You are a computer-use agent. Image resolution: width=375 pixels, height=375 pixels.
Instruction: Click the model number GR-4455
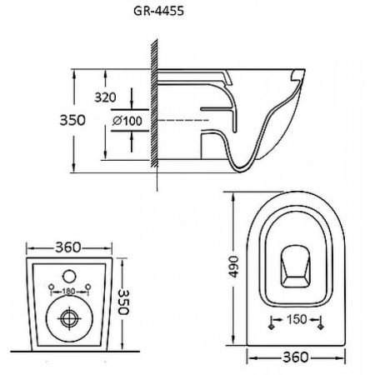coord(158,11)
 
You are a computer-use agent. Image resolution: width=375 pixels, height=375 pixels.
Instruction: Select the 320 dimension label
coord(105,97)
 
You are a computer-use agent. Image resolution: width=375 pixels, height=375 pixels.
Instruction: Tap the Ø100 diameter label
coord(127,121)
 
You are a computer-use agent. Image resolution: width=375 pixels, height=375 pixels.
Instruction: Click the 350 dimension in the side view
coord(72,120)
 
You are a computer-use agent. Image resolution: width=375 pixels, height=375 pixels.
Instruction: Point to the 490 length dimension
coord(234,267)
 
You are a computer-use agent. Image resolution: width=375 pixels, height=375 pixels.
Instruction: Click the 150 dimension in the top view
coord(297,319)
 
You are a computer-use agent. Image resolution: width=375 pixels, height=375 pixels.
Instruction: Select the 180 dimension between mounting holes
coord(68,292)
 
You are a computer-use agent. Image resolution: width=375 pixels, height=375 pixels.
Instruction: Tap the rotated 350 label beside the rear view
coord(123,302)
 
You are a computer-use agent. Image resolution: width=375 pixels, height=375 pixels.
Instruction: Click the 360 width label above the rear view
coord(68,247)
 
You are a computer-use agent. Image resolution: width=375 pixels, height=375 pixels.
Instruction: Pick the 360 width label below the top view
coord(296,357)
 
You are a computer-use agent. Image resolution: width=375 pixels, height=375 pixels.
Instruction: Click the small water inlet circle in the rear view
coord(69,277)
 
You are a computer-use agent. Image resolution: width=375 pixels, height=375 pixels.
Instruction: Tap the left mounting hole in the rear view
coord(51,287)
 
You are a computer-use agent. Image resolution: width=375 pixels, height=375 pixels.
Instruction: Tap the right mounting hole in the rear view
coord(88,287)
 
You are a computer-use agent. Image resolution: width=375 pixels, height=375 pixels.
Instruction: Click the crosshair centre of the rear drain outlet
coord(69,318)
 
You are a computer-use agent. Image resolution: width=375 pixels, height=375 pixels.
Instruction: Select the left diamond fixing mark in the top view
coord(272,327)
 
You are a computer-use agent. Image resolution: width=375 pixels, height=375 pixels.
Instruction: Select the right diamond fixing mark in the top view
coord(321,327)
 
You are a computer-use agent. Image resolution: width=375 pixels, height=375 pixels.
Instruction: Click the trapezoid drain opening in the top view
coord(296,266)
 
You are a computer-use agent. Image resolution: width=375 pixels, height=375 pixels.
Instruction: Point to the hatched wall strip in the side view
coord(154,103)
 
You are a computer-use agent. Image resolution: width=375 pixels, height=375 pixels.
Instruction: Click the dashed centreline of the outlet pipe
coord(183,120)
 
